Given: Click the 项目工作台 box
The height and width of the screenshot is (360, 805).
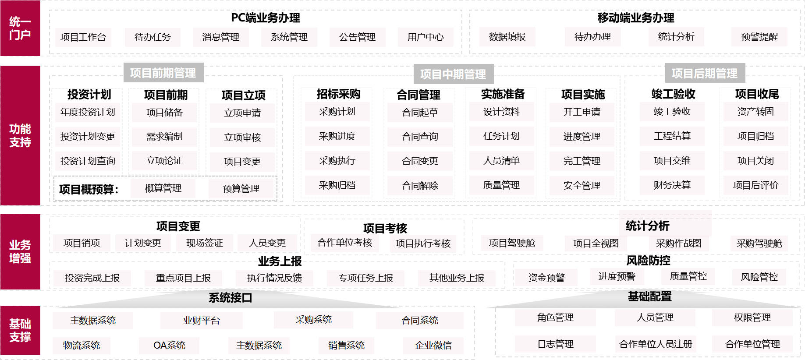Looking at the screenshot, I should point(83,37).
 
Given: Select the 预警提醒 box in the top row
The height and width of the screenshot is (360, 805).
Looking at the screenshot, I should point(759,37).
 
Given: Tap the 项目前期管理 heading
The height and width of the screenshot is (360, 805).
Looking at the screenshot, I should point(163,73).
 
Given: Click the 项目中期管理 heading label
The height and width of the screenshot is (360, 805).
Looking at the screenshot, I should point(453,74).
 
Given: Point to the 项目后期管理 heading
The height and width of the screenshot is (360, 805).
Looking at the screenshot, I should point(705,74).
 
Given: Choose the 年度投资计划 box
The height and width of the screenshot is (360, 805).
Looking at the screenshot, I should point(88,112).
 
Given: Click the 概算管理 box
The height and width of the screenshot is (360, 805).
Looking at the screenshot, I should point(163,188).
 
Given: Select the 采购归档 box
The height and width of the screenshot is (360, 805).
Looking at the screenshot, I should point(337,185).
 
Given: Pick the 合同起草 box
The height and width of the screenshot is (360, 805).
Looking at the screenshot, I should point(420,113).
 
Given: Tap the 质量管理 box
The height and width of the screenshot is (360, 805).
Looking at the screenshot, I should point(501,185).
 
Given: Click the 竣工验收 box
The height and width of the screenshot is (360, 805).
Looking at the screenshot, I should point(672,112).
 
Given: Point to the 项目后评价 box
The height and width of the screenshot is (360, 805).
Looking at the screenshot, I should point(755,185).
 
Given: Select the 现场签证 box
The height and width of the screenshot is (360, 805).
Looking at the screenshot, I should point(204,243).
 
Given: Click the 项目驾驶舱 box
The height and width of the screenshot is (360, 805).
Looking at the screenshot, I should point(512,243).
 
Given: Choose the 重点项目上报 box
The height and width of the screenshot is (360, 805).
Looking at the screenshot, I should point(183,278).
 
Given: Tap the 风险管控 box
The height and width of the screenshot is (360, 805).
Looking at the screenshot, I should point(759,277).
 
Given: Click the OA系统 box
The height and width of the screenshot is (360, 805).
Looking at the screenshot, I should point(169,346).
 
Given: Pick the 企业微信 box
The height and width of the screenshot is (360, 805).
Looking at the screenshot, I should point(433,346).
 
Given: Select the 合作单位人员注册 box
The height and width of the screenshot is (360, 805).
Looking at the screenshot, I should point(655,344).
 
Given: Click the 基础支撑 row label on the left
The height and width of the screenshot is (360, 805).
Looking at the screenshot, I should point(20,331).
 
